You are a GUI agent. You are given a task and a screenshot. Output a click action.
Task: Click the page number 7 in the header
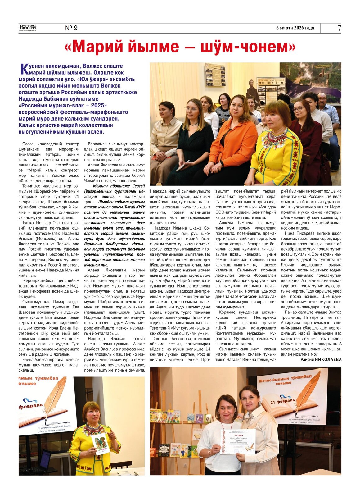tap(339, 28)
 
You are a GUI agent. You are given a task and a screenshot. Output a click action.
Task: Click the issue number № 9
tap(71, 28)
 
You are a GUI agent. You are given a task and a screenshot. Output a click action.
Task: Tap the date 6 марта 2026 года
tap(295, 28)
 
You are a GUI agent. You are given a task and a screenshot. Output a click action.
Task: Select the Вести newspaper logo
tap(28, 28)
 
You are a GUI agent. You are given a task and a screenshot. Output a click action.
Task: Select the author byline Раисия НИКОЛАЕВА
tap(321, 359)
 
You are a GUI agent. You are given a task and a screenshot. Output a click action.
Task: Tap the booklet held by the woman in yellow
tap(100, 444)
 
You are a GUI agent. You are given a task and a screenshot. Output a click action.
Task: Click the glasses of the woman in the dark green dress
tap(191, 109)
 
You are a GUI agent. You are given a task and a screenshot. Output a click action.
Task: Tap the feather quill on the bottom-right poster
tap(307, 391)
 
